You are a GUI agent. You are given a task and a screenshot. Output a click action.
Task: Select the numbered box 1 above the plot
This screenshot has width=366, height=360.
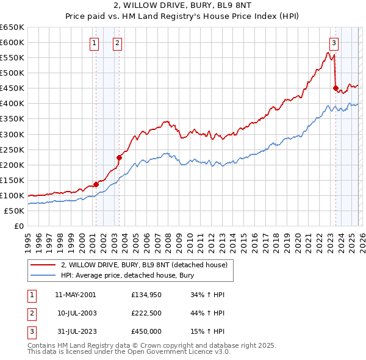95,43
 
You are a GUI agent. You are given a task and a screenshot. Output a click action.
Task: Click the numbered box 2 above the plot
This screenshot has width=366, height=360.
117,43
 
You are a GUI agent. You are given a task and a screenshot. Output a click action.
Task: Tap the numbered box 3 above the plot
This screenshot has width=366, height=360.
334,43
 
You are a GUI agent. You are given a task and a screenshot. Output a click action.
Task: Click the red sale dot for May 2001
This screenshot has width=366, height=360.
96,184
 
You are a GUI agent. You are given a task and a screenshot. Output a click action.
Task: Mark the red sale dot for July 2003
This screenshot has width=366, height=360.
120,157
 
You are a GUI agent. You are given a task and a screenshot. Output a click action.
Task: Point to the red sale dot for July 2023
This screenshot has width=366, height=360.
335,88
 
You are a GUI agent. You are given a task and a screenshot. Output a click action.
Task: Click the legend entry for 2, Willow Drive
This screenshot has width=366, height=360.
143,265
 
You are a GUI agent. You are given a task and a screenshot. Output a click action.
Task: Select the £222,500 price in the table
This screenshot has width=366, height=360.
146,314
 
